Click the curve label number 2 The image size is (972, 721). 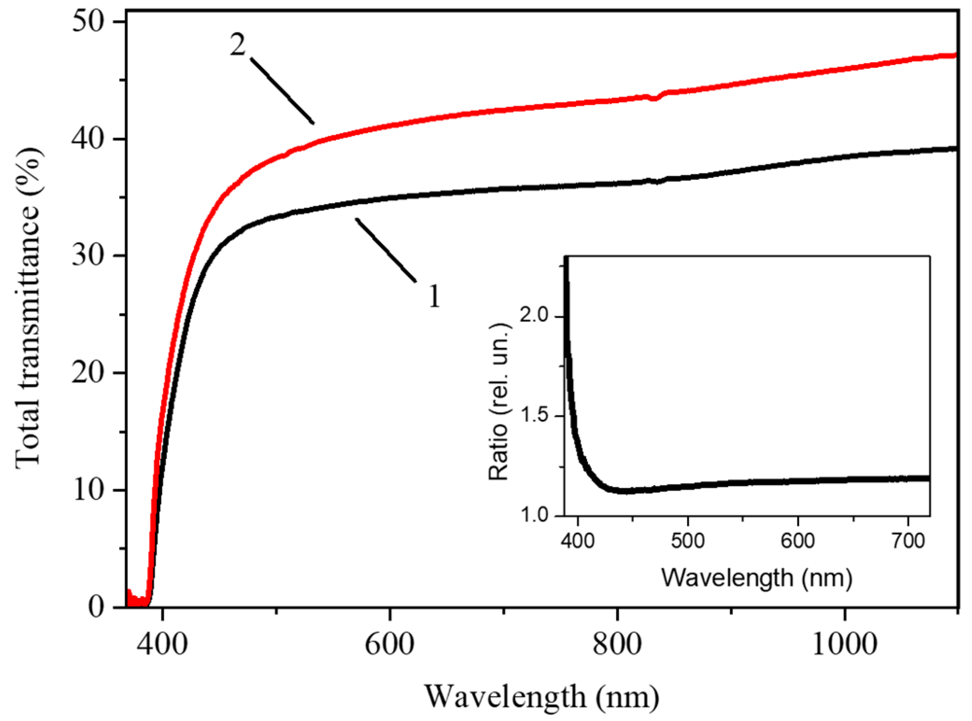[x=237, y=46]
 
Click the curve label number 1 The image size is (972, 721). [x=434, y=296]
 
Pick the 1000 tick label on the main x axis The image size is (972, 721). [x=845, y=644]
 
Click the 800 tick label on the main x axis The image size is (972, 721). [x=617, y=644]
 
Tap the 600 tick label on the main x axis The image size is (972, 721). [x=389, y=644]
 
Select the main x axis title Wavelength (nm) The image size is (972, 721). [x=542, y=697]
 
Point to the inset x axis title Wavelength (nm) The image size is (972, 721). [x=756, y=578]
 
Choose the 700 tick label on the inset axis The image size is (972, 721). [x=908, y=541]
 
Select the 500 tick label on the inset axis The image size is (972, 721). [x=687, y=541]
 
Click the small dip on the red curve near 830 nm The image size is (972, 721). [x=655, y=98]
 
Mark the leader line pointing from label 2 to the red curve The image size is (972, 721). [x=282, y=91]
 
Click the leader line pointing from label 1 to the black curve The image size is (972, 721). [x=386, y=250]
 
